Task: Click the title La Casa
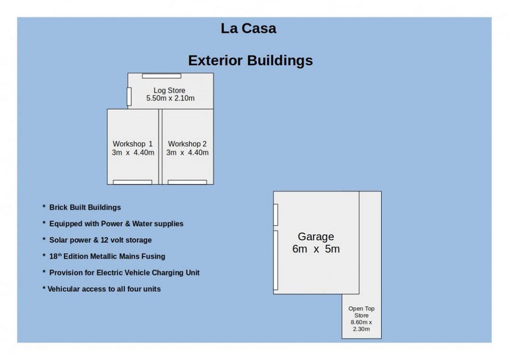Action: pos(249,28)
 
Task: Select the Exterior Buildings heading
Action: pos(251,60)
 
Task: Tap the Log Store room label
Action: pos(170,90)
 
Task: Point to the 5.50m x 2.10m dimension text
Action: pos(170,98)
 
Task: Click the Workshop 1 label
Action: pos(132,144)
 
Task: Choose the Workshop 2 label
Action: pos(187,144)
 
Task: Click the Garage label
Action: pos(316,237)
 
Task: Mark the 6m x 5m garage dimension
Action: pos(316,249)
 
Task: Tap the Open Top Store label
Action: pos(361,312)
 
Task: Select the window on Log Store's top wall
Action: pos(162,76)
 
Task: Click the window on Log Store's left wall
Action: pos(129,96)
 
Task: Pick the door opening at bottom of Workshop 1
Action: pos(132,182)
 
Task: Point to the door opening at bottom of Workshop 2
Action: pos(187,182)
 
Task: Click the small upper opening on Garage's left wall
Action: pos(275,215)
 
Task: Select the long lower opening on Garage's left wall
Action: pos(275,260)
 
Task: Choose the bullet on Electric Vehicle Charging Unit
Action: pos(121,272)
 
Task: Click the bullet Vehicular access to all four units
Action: pos(101,289)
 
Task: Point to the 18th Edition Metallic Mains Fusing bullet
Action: pos(103,256)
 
